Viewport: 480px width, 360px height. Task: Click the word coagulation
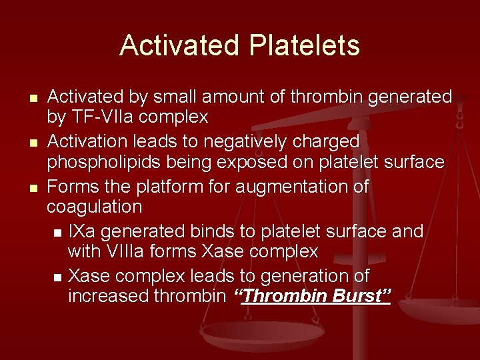click(x=94, y=207)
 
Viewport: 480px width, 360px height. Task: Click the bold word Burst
click(x=359, y=295)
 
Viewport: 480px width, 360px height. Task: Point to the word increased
click(x=110, y=295)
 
